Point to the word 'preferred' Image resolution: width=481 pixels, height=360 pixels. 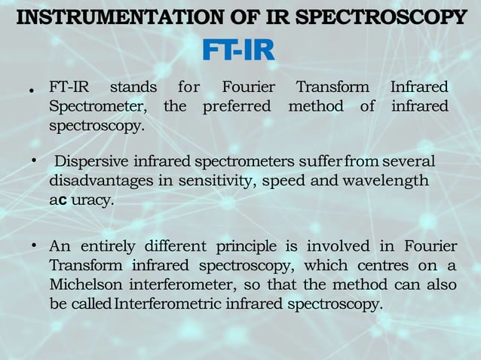click(236, 106)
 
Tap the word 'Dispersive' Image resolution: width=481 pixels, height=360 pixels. click(93, 161)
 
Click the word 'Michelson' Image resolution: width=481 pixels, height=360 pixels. click(86, 285)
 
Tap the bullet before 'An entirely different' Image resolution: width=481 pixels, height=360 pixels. click(34, 246)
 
